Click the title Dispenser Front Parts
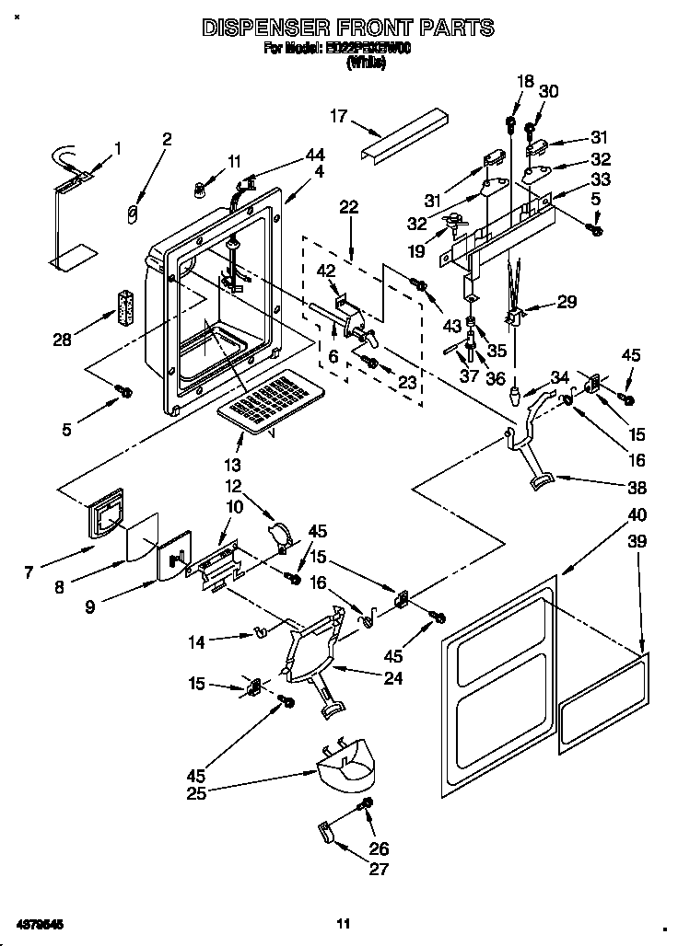pyautogui.click(x=347, y=28)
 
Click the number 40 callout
pyautogui.click(x=637, y=514)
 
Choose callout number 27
pyautogui.click(x=380, y=868)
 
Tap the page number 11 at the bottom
pyautogui.click(x=343, y=923)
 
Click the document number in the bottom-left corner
pyautogui.click(x=38, y=923)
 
